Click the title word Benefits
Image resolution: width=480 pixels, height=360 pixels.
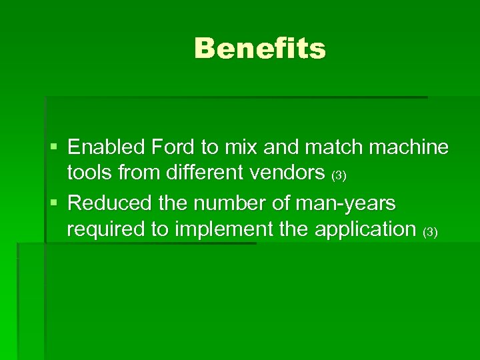(260, 49)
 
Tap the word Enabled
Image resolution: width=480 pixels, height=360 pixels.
(106, 146)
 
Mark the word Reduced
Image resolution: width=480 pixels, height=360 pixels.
(111, 201)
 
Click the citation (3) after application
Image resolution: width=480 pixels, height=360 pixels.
(430, 233)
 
